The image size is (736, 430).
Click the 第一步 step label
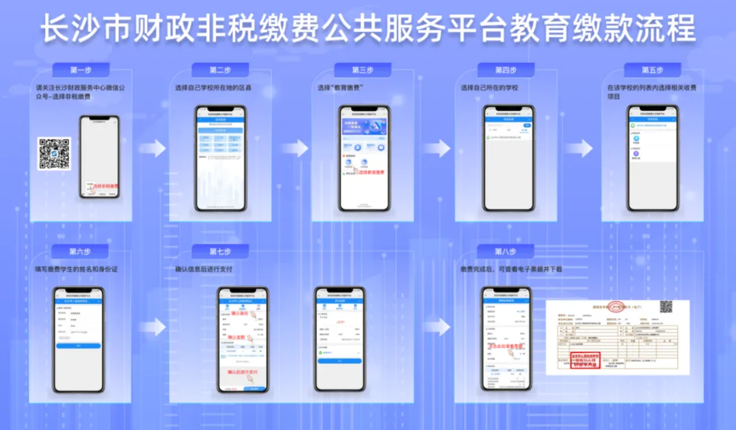point(80,70)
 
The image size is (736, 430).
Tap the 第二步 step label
point(219,70)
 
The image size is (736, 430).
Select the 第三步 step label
point(363,70)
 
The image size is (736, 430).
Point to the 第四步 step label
point(506,70)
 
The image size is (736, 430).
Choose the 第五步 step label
point(652,70)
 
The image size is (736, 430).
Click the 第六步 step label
point(79,251)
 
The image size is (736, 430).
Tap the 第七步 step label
point(219,251)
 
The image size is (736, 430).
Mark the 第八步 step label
point(506,251)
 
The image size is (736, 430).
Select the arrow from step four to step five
point(579,148)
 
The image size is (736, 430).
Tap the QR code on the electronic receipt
point(665,307)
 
